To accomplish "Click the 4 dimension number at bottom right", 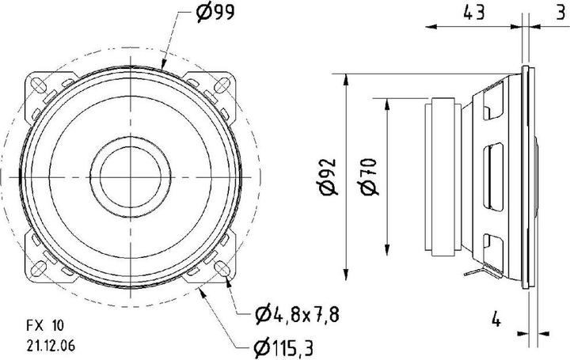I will click(496, 320).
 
